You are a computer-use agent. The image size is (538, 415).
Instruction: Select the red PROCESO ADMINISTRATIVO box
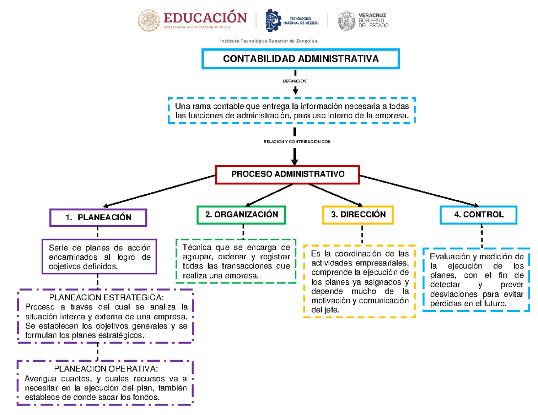tap(287, 174)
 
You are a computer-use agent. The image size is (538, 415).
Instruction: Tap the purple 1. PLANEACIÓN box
tap(98, 218)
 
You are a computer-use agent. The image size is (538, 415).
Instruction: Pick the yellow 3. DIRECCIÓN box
tap(358, 214)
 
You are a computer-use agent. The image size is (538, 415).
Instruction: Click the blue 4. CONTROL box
tap(478, 214)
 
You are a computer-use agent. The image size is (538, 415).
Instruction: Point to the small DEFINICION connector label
tap(295, 81)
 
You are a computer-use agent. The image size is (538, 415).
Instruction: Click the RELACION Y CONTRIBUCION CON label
tap(295, 142)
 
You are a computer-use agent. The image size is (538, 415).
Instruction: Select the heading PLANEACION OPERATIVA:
tap(106, 368)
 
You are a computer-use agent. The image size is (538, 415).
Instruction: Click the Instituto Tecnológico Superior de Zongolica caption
tap(269, 41)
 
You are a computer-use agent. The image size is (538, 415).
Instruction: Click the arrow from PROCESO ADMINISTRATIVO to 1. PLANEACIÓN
tap(157, 191)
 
